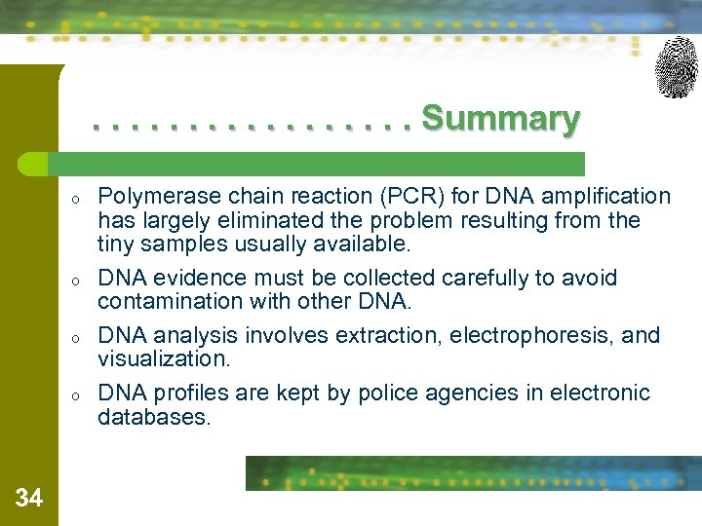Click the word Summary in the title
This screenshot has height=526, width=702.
click(x=500, y=119)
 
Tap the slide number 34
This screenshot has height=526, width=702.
click(x=29, y=499)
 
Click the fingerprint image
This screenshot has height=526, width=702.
click(x=676, y=67)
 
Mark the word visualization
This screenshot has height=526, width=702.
click(x=164, y=358)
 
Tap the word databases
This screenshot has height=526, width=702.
click(x=153, y=417)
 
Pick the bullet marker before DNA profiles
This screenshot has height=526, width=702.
click(x=74, y=395)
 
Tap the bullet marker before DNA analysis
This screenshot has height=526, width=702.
click(x=74, y=338)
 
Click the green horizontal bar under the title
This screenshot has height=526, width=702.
click(x=322, y=163)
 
